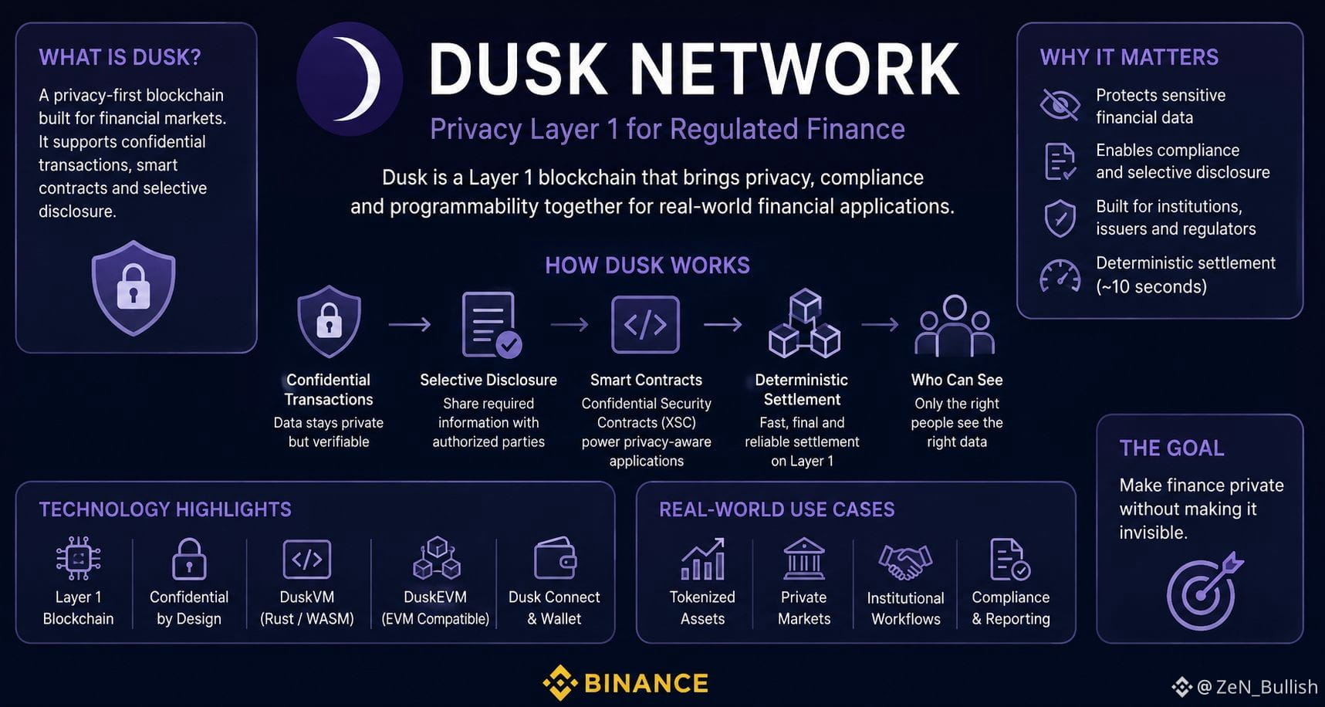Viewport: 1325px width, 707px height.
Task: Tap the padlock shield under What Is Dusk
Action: (134, 288)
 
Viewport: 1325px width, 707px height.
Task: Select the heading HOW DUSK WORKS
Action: (647, 266)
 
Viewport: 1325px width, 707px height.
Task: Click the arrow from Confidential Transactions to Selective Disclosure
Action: (410, 325)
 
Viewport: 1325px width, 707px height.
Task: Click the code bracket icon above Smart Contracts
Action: (645, 325)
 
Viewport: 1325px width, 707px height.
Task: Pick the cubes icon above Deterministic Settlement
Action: (804, 323)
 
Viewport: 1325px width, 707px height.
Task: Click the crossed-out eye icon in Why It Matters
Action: (1060, 105)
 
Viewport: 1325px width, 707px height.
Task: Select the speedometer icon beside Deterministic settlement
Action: (1060, 276)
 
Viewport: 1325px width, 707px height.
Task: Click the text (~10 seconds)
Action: (1151, 286)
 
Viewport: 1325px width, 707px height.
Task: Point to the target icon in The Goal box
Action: (1203, 591)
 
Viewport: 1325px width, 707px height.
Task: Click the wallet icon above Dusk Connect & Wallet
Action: (555, 559)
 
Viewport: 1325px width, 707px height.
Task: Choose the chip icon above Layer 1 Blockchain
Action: (78, 558)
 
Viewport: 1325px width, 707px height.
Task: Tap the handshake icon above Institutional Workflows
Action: (905, 561)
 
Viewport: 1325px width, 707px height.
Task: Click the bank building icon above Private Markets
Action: (804, 559)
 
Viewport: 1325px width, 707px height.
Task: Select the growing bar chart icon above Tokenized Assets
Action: (702, 559)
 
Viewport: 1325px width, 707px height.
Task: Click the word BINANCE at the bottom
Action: (646, 683)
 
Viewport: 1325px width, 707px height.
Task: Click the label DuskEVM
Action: (435, 597)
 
